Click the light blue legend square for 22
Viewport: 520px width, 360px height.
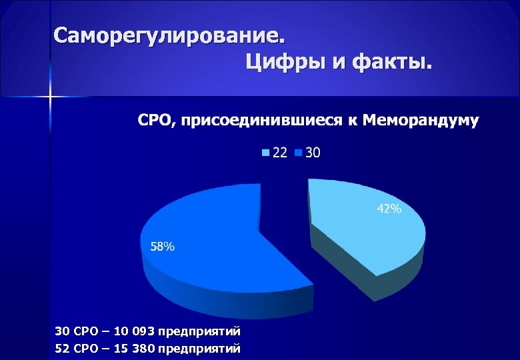[266, 153]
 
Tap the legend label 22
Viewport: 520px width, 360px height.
[280, 153]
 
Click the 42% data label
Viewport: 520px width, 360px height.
[389, 209]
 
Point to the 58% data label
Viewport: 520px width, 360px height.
[163, 247]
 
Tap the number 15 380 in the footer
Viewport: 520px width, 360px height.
[141, 348]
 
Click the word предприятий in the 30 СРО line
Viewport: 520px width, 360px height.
[206, 331]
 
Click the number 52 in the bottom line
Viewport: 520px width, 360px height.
[61, 348]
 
